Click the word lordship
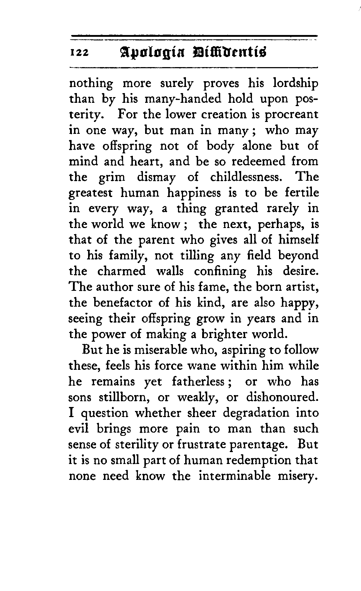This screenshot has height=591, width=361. [296, 84]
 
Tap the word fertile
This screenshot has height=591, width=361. [302, 193]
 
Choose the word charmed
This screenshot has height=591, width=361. [122, 271]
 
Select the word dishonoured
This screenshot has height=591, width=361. [282, 397]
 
